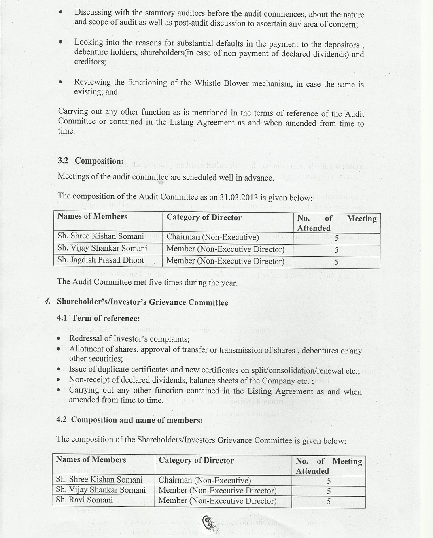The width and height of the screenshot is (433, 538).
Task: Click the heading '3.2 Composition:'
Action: (x=91, y=161)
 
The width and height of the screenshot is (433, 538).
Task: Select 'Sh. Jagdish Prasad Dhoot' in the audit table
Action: (x=101, y=260)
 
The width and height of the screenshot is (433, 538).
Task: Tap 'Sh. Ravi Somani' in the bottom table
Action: (x=85, y=500)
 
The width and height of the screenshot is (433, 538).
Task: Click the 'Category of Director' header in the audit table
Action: (x=204, y=217)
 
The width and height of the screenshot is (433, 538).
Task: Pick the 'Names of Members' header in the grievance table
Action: (x=91, y=459)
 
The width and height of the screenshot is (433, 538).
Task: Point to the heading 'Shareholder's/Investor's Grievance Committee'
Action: (x=142, y=302)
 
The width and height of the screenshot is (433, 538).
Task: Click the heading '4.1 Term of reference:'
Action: (x=98, y=318)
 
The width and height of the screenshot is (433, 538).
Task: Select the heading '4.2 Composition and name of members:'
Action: (x=129, y=420)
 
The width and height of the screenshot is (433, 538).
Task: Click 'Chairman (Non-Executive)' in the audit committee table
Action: (x=212, y=237)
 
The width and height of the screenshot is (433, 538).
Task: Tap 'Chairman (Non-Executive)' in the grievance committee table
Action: (x=205, y=481)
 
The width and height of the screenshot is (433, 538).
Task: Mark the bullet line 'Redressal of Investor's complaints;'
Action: (x=129, y=339)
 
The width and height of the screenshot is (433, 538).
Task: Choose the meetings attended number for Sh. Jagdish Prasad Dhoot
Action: (x=336, y=262)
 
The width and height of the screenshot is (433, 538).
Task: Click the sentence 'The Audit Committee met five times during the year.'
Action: (x=147, y=282)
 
